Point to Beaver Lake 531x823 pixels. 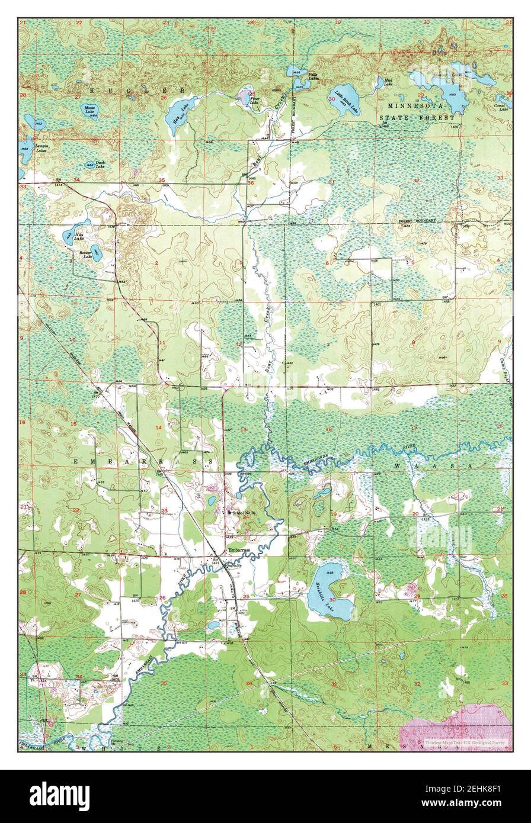click(x=96, y=253)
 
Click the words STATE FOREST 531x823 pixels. click(x=418, y=117)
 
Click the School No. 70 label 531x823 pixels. click(x=244, y=512)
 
